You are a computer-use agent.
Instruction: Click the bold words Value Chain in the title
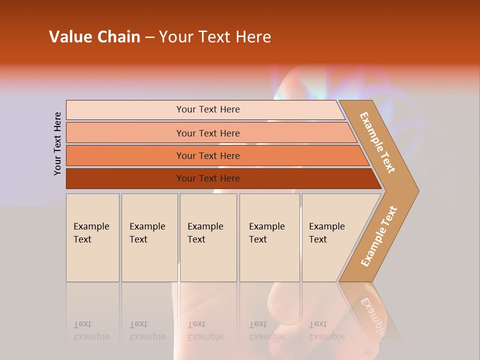tap(94, 37)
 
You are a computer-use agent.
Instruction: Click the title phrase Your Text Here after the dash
tap(215, 37)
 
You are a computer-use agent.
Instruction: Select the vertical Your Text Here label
tap(57, 143)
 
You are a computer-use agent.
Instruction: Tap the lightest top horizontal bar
tap(125, 110)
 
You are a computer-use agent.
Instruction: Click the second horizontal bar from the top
tap(125, 133)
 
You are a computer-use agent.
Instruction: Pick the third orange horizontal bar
tap(125, 155)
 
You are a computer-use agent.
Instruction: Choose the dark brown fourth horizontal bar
tap(125, 178)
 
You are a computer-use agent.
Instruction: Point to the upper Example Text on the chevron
tap(377, 142)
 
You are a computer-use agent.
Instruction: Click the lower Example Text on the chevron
tap(379, 236)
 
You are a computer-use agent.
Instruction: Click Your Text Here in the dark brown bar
tap(208, 178)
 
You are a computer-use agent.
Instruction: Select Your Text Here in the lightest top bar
tap(208, 109)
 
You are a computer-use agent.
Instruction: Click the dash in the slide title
tap(149, 37)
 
